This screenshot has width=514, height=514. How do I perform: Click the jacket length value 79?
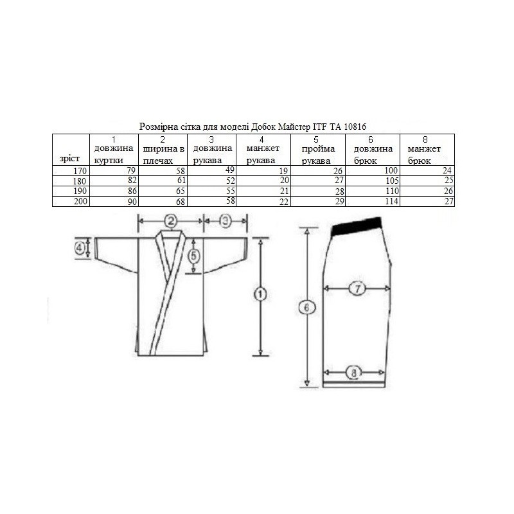click(x=131, y=170)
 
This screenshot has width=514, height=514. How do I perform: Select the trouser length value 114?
click(x=392, y=201)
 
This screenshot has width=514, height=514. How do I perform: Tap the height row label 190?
click(x=80, y=191)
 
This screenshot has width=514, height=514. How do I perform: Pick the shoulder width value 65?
click(x=181, y=191)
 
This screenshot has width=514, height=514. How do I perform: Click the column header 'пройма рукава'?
click(x=318, y=155)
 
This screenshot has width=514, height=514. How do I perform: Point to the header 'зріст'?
click(x=69, y=159)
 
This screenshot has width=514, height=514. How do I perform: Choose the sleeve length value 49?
click(x=230, y=170)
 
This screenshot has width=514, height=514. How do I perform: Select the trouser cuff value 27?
click(x=448, y=201)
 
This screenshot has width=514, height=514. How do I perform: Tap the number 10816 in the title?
click(x=355, y=127)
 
